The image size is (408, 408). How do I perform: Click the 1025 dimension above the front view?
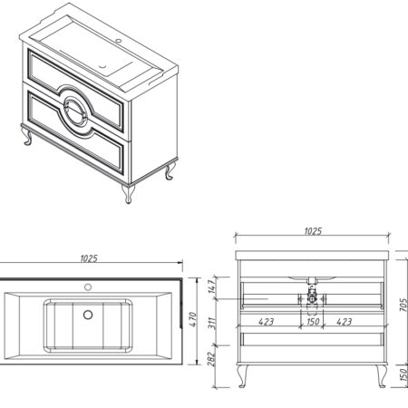pyautogui.click(x=313, y=231)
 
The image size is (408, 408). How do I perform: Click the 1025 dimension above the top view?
pyautogui.click(x=89, y=258)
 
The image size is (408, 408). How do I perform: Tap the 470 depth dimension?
pyautogui.click(x=193, y=319)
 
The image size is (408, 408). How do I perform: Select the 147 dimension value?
pyautogui.click(x=212, y=286)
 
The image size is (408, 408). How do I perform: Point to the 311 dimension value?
pyautogui.click(x=212, y=323)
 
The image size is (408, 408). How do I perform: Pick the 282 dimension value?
pyautogui.click(x=211, y=359)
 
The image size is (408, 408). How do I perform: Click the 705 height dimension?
pyautogui.click(x=403, y=305)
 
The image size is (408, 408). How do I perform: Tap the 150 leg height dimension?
pyautogui.click(x=403, y=374)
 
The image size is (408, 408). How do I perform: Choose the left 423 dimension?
pyautogui.click(x=267, y=322)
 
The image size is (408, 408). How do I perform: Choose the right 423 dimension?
pyautogui.click(x=345, y=322)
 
